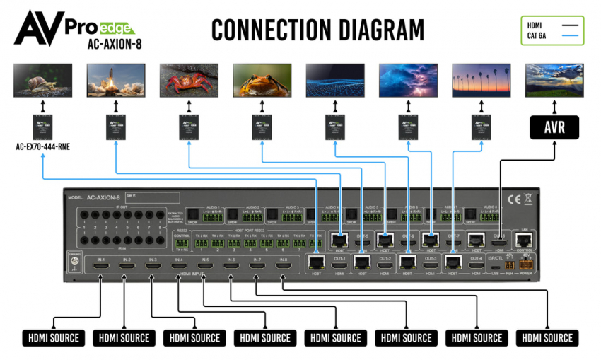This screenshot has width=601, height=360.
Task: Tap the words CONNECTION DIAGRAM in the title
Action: click(x=317, y=30)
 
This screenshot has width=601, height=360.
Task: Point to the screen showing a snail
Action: click(x=42, y=80)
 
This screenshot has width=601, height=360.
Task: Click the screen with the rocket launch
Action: click(x=116, y=80)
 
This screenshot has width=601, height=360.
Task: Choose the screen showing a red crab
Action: click(x=189, y=80)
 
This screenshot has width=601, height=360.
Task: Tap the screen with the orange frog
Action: click(x=262, y=80)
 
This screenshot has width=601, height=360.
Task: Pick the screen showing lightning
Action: click(x=408, y=80)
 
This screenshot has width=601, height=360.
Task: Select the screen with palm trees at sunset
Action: click(x=481, y=80)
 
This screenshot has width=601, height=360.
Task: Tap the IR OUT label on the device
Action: click(x=121, y=207)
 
